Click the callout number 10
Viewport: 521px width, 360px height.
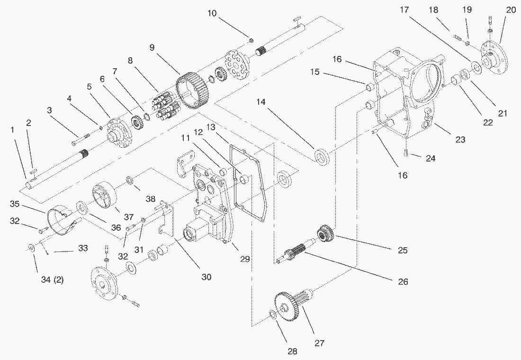212,13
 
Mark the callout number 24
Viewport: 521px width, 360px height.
430,158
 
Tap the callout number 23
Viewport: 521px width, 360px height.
459,139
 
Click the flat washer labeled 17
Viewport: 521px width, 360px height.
475,67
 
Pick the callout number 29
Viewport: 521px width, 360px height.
244,259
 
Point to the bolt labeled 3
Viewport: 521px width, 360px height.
81,139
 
